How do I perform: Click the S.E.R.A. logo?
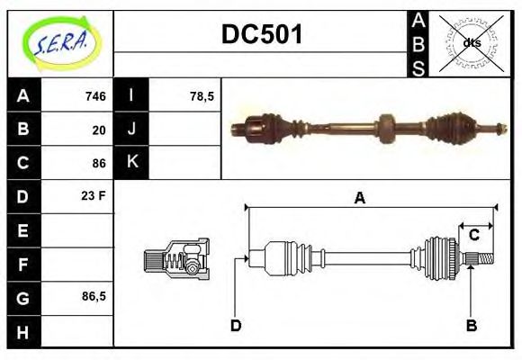pyautogui.click(x=59, y=43)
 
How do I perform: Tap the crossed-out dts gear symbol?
pyautogui.click(x=471, y=42)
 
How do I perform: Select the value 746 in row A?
pyautogui.click(x=95, y=96)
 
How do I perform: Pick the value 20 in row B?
pyautogui.click(x=99, y=130)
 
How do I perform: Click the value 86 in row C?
pyautogui.click(x=99, y=163)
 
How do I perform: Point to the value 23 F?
pyautogui.click(x=94, y=195)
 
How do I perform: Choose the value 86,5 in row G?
pyautogui.click(x=94, y=295)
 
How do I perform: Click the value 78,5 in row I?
pyautogui.click(x=202, y=96)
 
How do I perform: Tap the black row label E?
pyautogui.click(x=23, y=230)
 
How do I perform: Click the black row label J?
pyautogui.click(x=131, y=130)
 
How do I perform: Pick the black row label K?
pyautogui.click(x=131, y=163)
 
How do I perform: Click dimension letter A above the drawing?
pyautogui.click(x=360, y=198)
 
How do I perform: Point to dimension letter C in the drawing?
pyautogui.click(x=473, y=236)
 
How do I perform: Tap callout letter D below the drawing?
pyautogui.click(x=236, y=325)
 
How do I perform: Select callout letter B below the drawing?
pyautogui.click(x=471, y=325)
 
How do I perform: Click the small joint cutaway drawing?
pyautogui.click(x=176, y=259)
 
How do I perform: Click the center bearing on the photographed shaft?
pyautogui.click(x=387, y=128)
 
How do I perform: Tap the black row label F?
pyautogui.click(x=23, y=264)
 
